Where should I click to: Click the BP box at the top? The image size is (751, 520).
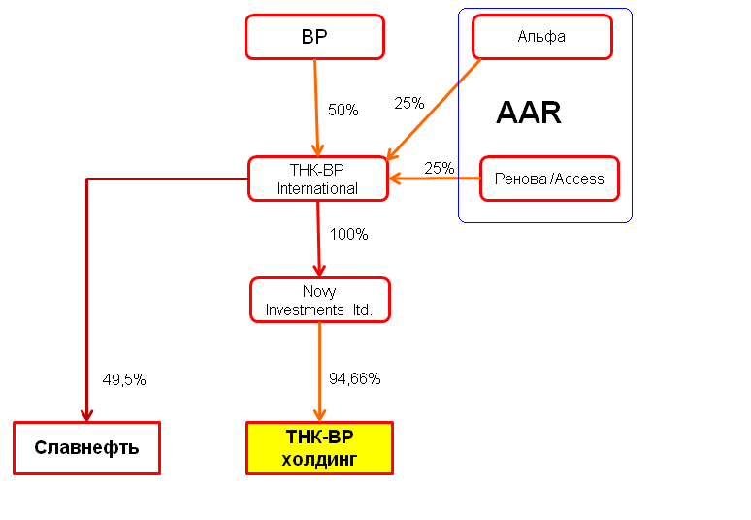[314, 37]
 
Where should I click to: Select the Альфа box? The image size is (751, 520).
[542, 37]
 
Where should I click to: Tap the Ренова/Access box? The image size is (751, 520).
[549, 179]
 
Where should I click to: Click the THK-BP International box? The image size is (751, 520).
[318, 179]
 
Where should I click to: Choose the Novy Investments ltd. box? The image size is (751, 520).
[320, 300]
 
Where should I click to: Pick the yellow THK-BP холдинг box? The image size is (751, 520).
[319, 448]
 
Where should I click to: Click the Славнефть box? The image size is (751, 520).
[86, 448]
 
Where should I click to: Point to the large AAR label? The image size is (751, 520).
[529, 113]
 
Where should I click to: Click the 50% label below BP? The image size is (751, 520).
[343, 111]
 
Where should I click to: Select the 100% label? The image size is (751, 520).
[348, 234]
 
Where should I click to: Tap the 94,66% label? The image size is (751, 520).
[354, 378]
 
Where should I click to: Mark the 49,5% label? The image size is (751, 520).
[124, 379]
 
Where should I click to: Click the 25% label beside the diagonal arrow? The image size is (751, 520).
[409, 103]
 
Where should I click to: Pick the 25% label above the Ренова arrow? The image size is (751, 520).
[440, 168]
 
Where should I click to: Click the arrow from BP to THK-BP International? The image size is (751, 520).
[316, 108]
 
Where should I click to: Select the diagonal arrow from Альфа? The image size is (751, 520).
[434, 110]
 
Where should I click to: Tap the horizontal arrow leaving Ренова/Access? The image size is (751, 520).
[435, 179]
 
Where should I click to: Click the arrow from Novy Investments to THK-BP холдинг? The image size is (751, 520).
[320, 372]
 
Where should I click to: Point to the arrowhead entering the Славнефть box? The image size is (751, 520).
[86, 415]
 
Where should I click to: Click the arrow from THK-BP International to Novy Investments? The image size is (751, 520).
[318, 239]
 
